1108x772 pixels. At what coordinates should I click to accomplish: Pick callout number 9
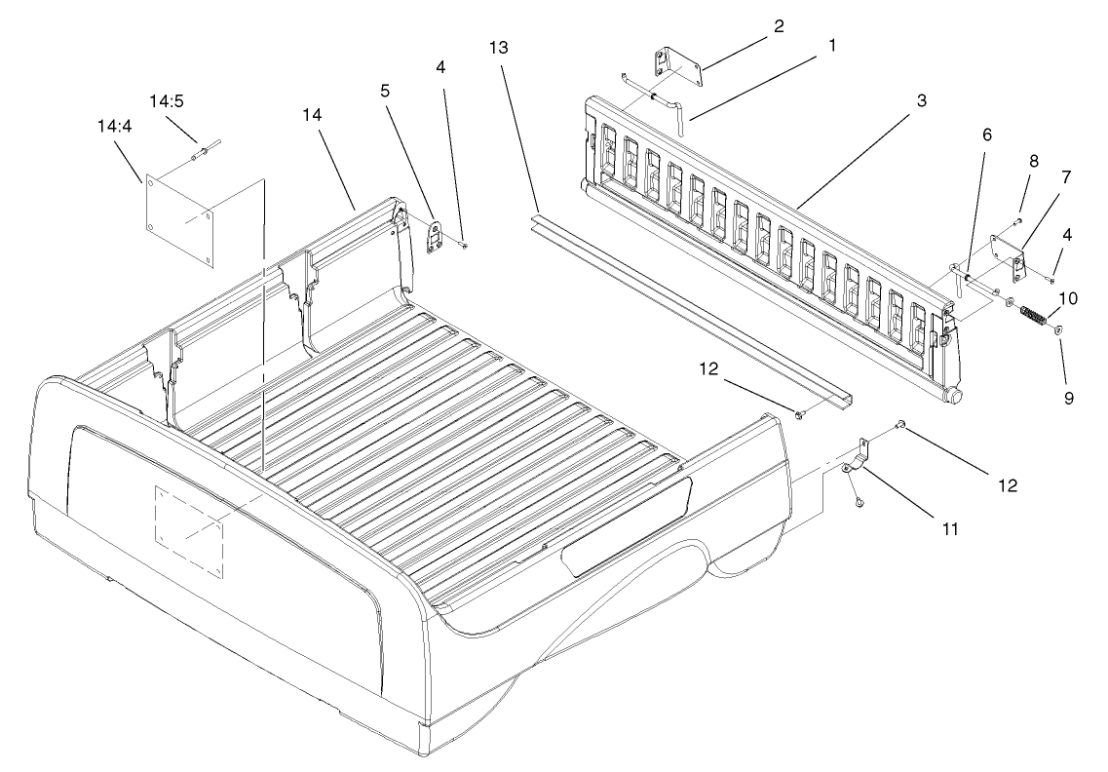(x=1069, y=398)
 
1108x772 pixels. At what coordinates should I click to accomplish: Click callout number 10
(x=1069, y=297)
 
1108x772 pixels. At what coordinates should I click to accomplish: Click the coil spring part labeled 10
(x=1033, y=318)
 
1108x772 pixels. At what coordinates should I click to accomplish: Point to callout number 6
(x=986, y=136)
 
